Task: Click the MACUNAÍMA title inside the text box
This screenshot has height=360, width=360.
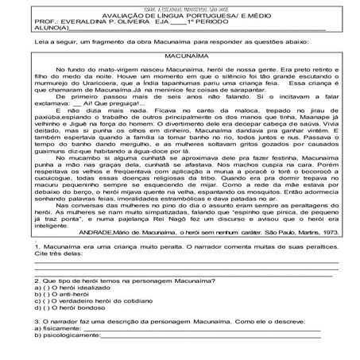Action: (180, 58)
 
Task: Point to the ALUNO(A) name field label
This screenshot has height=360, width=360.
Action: (33, 32)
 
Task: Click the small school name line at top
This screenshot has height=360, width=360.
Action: (180, 6)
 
